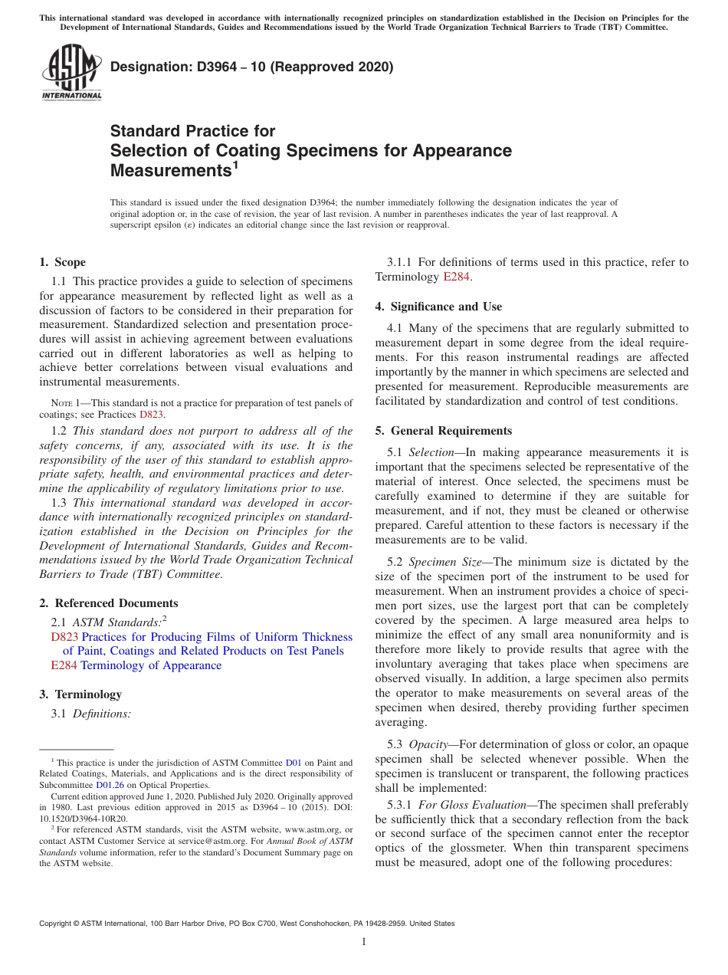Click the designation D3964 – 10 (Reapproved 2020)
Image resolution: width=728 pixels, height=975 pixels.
(251, 67)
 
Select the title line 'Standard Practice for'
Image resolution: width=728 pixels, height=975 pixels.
(192, 131)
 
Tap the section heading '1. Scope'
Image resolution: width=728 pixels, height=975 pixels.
(63, 262)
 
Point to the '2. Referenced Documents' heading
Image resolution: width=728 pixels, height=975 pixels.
(109, 603)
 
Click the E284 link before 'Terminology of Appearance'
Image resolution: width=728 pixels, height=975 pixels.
(64, 665)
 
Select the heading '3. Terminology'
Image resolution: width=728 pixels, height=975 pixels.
(80, 694)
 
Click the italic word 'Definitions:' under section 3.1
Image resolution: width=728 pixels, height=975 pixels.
(102, 714)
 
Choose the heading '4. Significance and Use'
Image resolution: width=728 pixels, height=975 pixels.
(438, 307)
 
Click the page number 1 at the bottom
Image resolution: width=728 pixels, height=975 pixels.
(364, 941)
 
